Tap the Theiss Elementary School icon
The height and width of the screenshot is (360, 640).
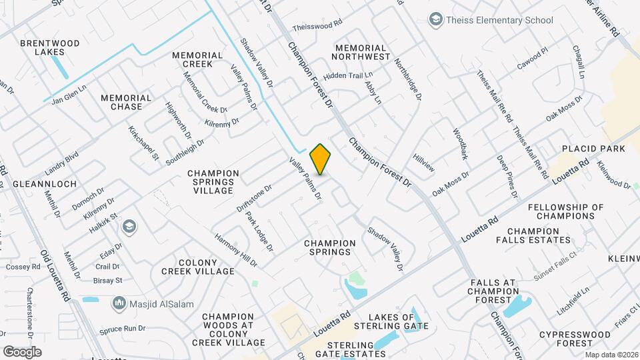436,20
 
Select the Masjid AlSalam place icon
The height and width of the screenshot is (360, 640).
120,304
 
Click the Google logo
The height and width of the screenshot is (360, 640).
22,351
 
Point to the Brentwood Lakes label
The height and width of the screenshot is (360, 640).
50,47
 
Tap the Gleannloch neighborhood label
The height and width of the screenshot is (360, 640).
45,183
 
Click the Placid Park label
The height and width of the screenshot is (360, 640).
593,148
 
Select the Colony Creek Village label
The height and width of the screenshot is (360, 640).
197,267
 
